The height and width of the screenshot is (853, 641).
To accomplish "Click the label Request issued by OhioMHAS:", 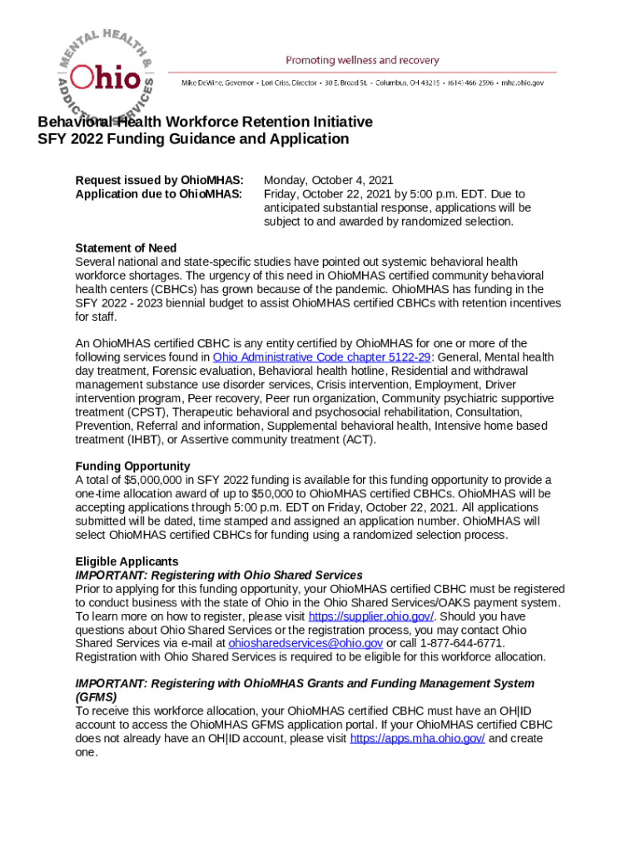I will [x=159, y=180].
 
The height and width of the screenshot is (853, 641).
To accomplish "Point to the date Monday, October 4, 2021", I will [x=329, y=180].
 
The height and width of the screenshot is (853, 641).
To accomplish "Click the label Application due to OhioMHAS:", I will [x=158, y=194].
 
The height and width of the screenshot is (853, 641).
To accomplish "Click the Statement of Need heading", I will [x=126, y=248].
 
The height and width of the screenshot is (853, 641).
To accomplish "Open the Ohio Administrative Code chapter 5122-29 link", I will [x=302, y=357].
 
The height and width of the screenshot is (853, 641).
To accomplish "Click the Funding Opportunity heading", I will [x=132, y=466].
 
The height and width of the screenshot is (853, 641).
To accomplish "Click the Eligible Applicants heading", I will [x=127, y=561].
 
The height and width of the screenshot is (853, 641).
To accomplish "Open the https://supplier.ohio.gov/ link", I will [x=371, y=616].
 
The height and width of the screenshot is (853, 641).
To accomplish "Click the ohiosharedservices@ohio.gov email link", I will [x=306, y=644].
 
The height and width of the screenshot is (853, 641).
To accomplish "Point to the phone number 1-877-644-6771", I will [x=450, y=644].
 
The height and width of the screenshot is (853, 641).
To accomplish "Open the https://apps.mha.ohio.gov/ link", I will [x=417, y=739].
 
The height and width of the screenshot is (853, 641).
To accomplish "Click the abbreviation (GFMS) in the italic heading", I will [x=96, y=697].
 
